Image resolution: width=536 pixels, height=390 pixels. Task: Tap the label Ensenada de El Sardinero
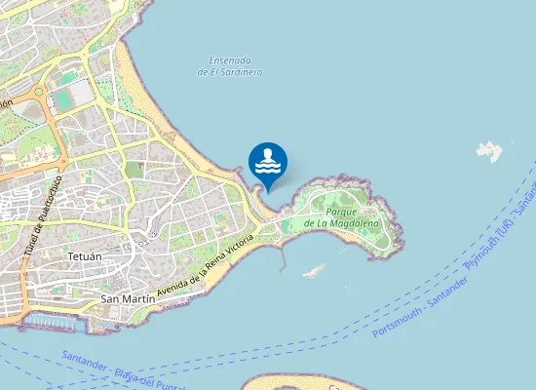[229, 66]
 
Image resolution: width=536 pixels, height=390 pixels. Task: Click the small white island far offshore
[489, 151]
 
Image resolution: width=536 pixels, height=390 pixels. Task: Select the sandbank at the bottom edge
[292, 381]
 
